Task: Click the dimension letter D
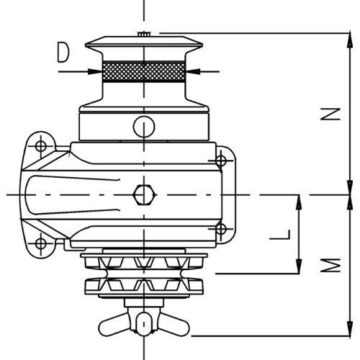63,53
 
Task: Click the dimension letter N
330,114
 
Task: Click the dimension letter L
280,235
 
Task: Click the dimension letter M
330,266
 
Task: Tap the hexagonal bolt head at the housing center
144,194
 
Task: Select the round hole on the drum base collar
144,127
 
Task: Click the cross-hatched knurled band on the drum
144,71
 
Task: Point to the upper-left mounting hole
41,146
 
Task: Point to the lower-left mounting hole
41,244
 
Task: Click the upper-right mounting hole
221,161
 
